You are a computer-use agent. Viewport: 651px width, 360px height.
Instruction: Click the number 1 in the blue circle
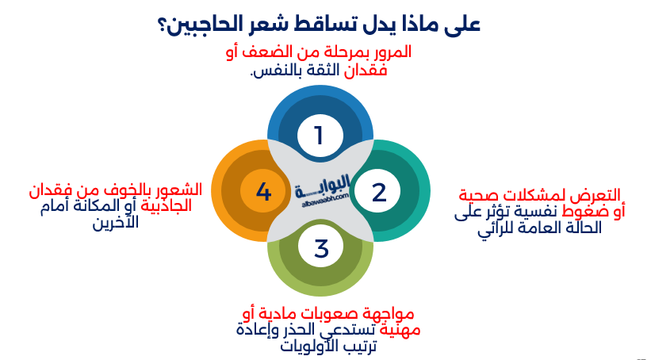[x=319, y=136]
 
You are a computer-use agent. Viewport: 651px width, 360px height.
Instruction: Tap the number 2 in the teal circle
[x=378, y=192]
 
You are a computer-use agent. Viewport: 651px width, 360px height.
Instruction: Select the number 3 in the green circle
[x=321, y=249]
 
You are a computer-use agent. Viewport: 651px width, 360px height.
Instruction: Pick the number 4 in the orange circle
[x=264, y=192]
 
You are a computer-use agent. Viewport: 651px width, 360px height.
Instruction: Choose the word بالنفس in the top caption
[x=272, y=71]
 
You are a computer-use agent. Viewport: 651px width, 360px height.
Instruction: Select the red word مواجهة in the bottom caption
[x=387, y=312]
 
